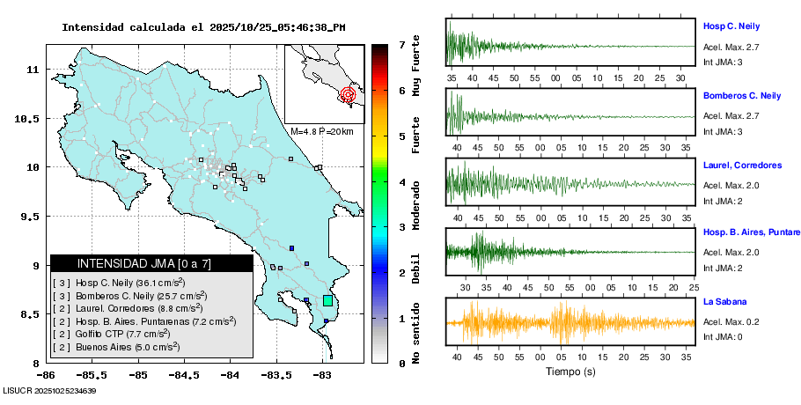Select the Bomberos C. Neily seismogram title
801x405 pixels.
tap(741, 95)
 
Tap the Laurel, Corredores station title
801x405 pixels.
tap(742, 165)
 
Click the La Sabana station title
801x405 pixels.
tap(724, 302)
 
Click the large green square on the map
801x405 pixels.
tap(327, 300)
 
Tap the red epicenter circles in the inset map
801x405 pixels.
tap(348, 93)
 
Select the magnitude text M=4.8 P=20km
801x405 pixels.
tap(321, 132)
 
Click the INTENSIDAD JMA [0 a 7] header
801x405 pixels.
tap(151, 263)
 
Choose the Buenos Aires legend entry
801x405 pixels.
tap(116, 347)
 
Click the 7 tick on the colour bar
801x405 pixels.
tap(401, 44)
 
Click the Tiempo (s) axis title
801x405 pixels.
tap(570, 372)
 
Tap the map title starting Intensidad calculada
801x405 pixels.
tap(203, 27)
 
